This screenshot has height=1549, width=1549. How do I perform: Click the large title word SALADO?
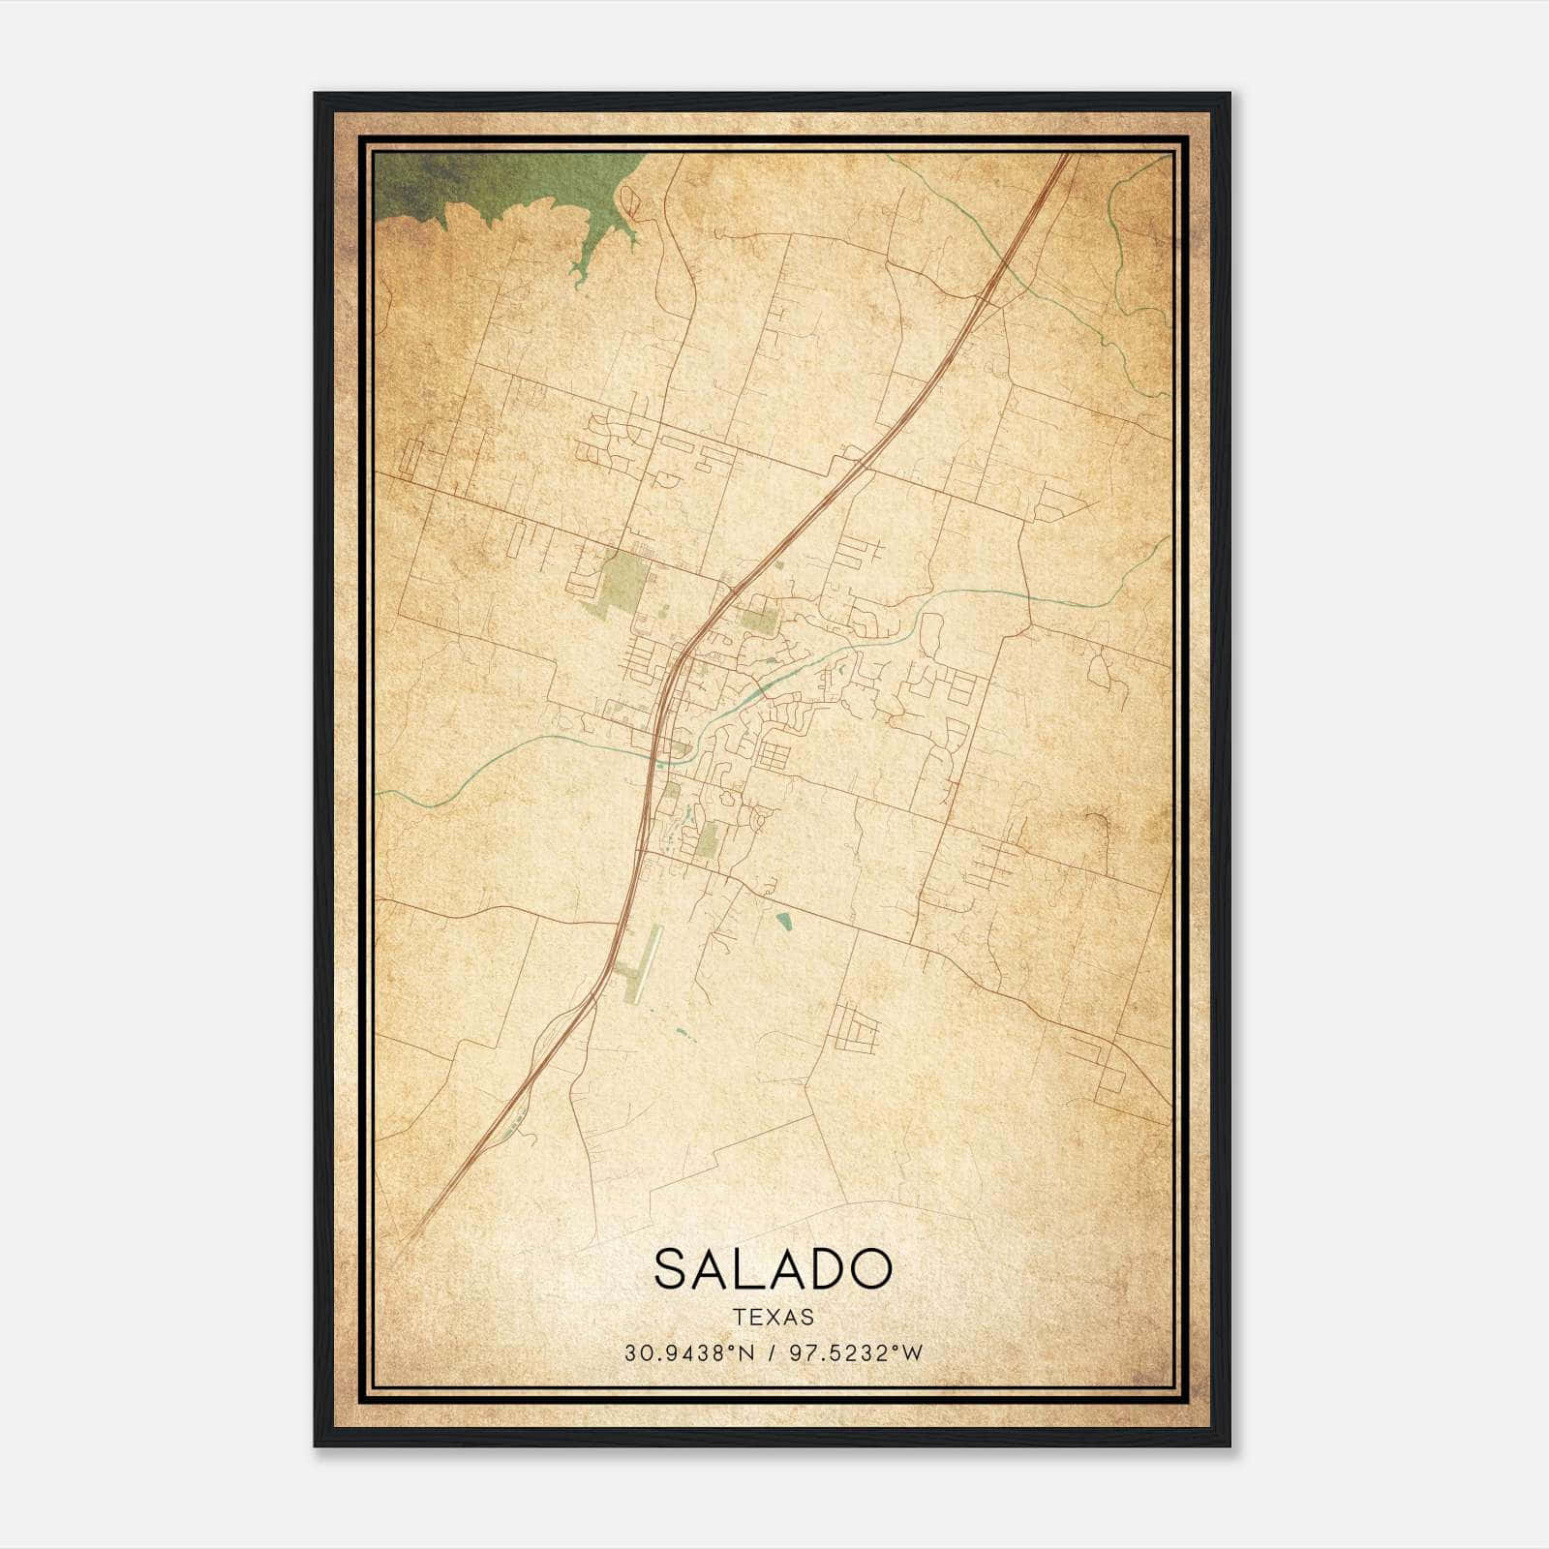click(x=772, y=1268)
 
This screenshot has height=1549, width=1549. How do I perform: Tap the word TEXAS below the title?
click(x=773, y=1318)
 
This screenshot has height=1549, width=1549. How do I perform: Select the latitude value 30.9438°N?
click(x=687, y=1353)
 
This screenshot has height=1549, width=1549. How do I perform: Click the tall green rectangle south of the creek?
click(x=708, y=839)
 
